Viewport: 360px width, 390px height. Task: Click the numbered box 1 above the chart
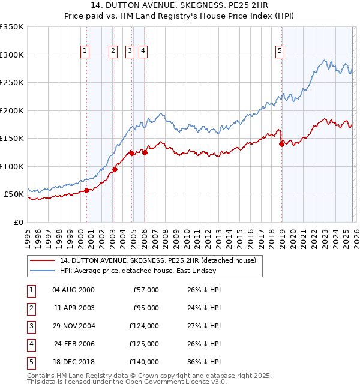85,52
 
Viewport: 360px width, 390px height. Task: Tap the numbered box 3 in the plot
130,52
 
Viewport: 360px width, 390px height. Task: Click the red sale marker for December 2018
281,143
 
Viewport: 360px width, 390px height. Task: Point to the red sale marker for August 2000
86,190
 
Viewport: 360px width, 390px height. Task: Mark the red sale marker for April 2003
115,169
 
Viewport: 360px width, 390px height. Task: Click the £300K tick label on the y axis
12,55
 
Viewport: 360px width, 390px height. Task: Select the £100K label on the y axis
12,166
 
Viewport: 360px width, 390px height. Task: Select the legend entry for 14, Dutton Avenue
158,260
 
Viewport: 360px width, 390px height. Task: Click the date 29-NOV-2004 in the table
73,326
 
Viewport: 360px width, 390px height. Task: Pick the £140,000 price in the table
144,362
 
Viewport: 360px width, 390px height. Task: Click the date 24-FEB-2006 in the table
73,344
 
